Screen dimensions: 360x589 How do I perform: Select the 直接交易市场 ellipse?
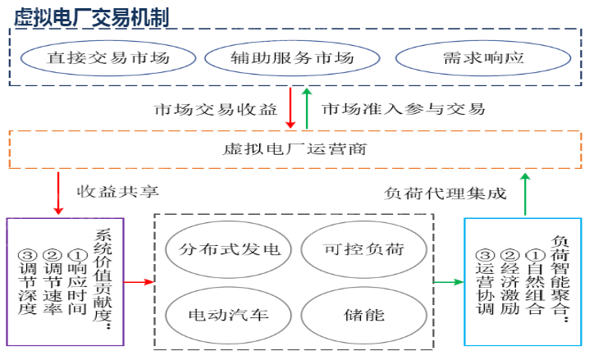tap(108, 59)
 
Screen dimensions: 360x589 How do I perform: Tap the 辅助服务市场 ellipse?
tap(292, 59)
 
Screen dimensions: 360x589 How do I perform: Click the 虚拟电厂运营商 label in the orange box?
tap(294, 149)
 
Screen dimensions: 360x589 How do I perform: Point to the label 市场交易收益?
tap(216, 109)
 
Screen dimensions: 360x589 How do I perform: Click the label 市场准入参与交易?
tap(403, 109)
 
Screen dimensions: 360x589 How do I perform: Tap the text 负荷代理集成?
tap(445, 194)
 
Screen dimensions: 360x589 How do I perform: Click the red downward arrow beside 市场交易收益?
tap(290, 108)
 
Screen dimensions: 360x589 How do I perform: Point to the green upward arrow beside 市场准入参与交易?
tap(306, 108)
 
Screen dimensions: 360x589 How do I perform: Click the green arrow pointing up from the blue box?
tap(526, 194)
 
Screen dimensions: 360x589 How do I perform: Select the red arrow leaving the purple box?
tap(139, 282)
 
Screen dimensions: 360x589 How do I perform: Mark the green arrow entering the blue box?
tap(448, 282)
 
